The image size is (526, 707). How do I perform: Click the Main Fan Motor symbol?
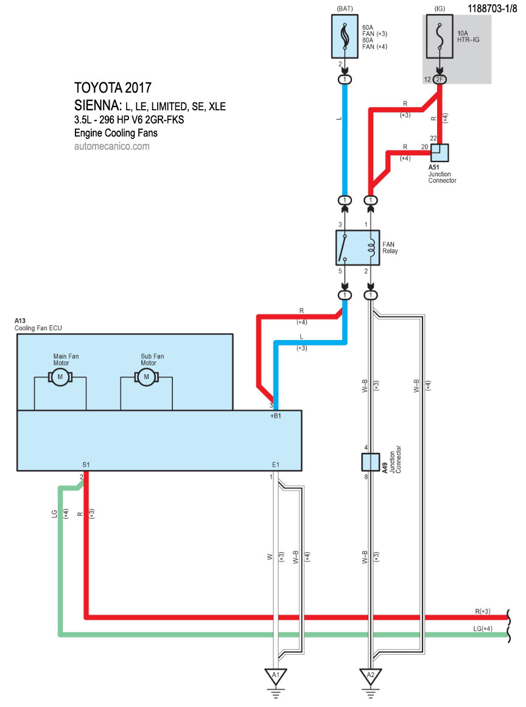click(x=60, y=378)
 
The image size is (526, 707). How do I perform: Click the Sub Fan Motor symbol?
click(x=146, y=378)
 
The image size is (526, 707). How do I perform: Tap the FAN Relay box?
click(x=357, y=246)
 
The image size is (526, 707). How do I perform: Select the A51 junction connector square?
click(x=440, y=152)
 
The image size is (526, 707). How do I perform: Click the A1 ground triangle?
click(x=276, y=675)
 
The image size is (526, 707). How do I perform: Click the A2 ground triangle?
click(x=368, y=675)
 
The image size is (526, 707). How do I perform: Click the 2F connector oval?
click(x=441, y=80)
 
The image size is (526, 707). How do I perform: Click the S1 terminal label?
click(x=86, y=465)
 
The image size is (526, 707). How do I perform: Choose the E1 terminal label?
click(x=276, y=465)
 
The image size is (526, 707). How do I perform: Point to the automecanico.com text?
click(x=111, y=146)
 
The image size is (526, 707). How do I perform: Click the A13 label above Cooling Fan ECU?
click(x=19, y=320)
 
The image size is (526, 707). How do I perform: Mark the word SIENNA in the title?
click(x=98, y=105)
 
